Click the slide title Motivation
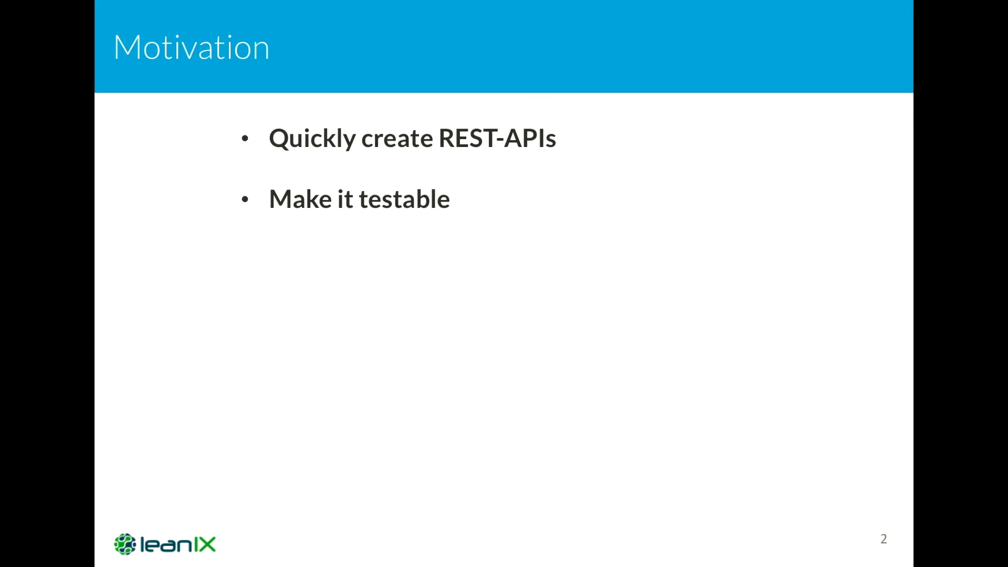[192, 47]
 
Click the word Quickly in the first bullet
[312, 139]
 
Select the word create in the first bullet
[397, 139]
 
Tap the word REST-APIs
[497, 138]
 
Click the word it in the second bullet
[345, 199]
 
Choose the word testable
[404, 199]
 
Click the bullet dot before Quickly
[245, 139]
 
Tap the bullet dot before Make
[245, 199]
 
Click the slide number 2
[884, 539]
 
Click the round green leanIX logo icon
[125, 544]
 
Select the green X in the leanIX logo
[205, 544]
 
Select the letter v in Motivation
[195, 51]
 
